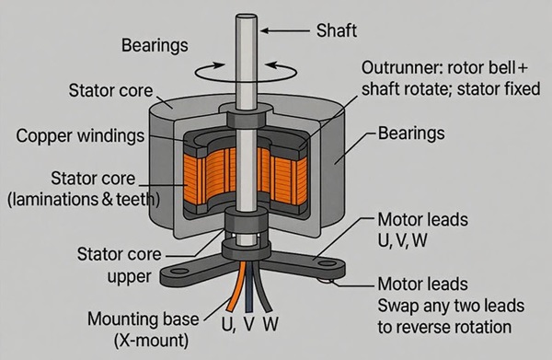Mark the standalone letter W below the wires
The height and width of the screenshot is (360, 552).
pyautogui.click(x=270, y=324)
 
